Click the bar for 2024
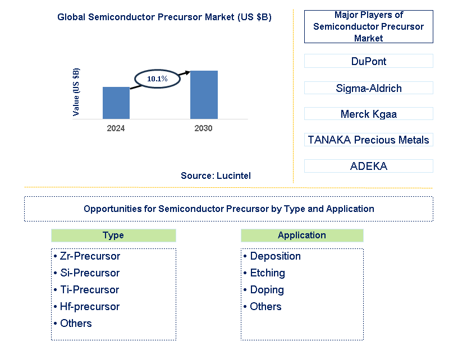[x=116, y=103]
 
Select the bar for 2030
[x=204, y=95]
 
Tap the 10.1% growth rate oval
[x=157, y=79]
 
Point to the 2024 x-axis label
[x=116, y=128]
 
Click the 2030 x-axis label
[x=204, y=128]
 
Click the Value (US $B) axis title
[x=76, y=92]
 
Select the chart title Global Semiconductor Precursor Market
[x=164, y=17]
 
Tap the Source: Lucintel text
[x=216, y=176]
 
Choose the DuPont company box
[x=369, y=61]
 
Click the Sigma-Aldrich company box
[x=369, y=88]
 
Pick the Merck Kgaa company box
[x=369, y=114]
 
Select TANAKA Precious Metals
[x=369, y=140]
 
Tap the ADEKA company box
[x=369, y=166]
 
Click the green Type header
[x=113, y=236]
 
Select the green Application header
[x=302, y=236]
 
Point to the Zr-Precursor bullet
[x=87, y=256]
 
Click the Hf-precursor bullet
[x=87, y=307]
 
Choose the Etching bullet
[x=264, y=273]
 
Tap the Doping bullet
[x=264, y=290]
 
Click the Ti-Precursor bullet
[x=86, y=290]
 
